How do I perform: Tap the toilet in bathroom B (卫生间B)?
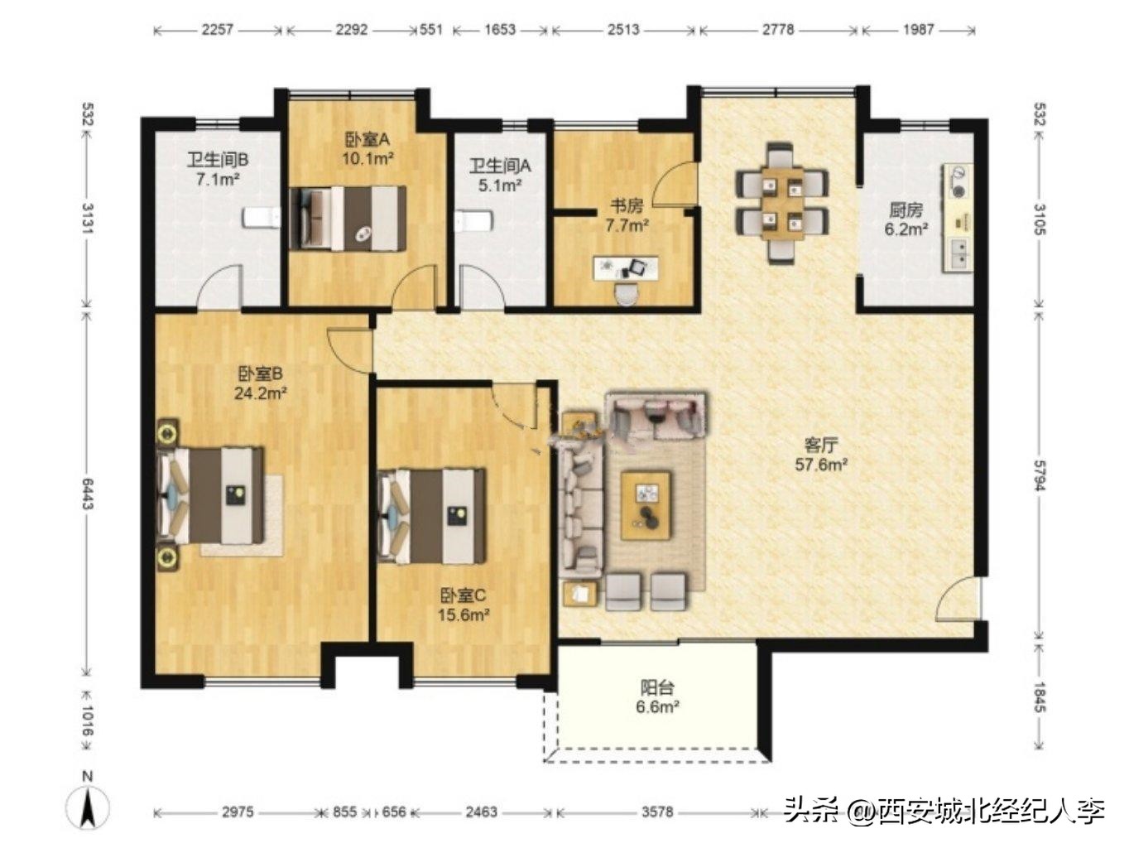pyautogui.click(x=262, y=218)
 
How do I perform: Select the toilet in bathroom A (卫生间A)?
pyautogui.click(x=474, y=221)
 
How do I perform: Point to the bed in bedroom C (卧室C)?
pyautogui.click(x=432, y=516)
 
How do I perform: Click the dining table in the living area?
pyautogui.click(x=782, y=203)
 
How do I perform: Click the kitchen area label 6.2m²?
pyautogui.click(x=906, y=229)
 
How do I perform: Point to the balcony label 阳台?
pyautogui.click(x=657, y=687)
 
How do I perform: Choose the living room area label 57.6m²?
pyautogui.click(x=821, y=465)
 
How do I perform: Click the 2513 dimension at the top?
pyautogui.click(x=623, y=30)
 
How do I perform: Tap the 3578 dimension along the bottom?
pyautogui.click(x=657, y=812)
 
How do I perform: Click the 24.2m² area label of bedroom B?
pyautogui.click(x=260, y=393)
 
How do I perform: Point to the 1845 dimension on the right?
pyautogui.click(x=1040, y=696)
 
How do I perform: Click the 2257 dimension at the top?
pyautogui.click(x=218, y=30)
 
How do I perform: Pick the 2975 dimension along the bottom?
pyautogui.click(x=238, y=812)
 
